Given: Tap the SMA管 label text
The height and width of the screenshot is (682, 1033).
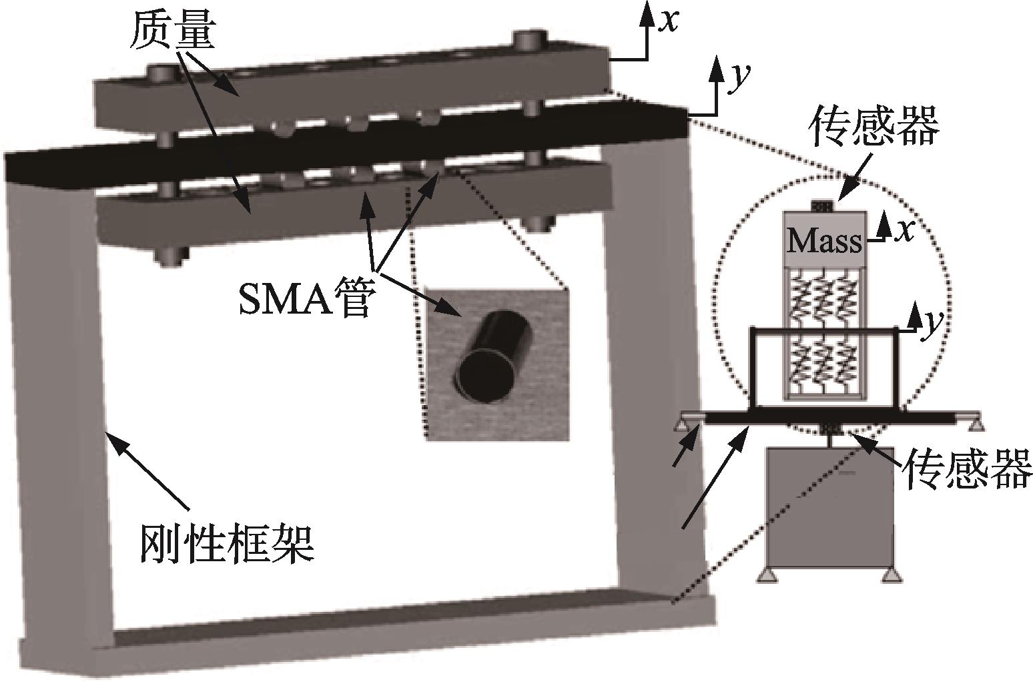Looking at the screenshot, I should pos(304,297).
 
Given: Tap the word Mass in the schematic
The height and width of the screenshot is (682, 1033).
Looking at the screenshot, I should pos(825,242).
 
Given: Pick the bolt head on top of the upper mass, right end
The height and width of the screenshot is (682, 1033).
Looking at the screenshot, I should pos(531,40).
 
